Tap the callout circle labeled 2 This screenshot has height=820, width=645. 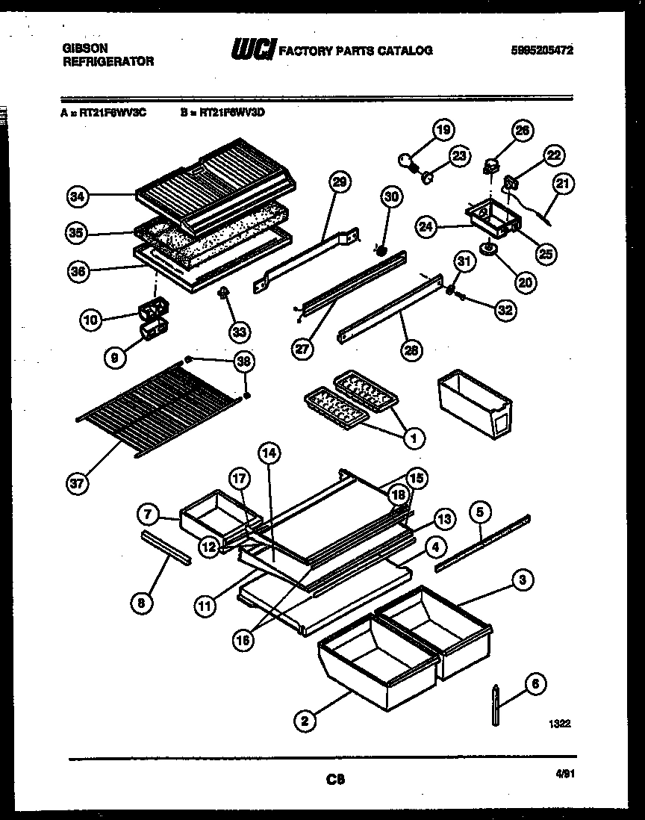(304, 721)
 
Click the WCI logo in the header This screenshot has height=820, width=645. (253, 50)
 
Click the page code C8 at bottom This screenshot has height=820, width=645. (335, 780)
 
